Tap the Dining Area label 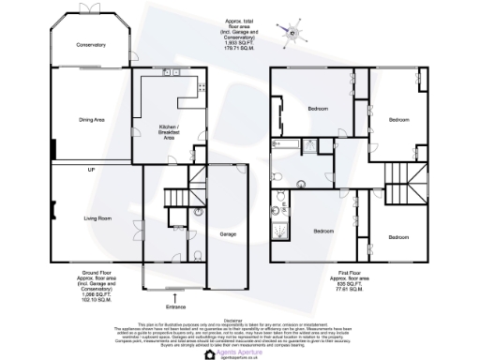91,119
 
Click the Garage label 228,232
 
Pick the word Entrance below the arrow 176,306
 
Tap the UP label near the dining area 91,168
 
